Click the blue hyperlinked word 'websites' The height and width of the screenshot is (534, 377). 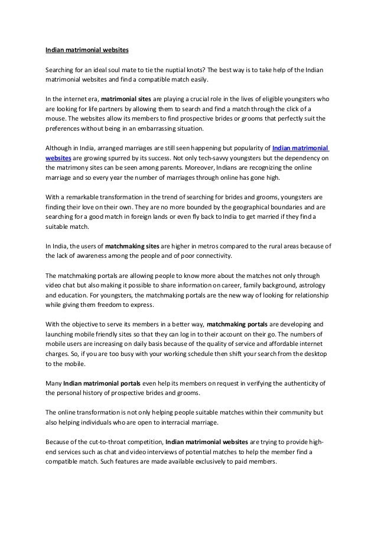click(59, 158)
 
